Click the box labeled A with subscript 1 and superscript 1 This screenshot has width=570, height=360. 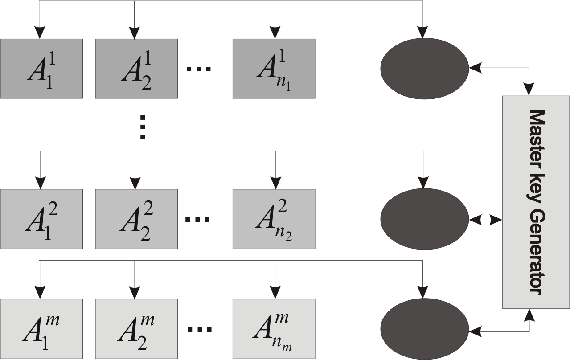(x=41, y=69)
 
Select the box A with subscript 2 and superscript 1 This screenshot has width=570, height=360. (x=136, y=69)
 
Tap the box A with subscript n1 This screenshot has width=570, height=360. (x=274, y=69)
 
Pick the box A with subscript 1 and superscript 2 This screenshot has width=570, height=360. (x=41, y=219)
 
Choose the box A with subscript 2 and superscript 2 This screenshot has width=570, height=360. (x=136, y=219)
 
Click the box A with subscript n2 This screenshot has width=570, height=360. (x=274, y=219)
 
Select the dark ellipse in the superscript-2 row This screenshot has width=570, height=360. (x=424, y=219)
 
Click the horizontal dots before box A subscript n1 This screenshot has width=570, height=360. (x=198, y=69)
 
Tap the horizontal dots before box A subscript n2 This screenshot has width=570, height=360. (x=198, y=219)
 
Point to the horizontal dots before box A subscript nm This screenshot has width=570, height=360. (x=198, y=330)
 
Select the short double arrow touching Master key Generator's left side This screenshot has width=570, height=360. (x=485, y=219)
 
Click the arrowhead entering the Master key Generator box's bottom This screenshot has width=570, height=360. (x=529, y=315)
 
